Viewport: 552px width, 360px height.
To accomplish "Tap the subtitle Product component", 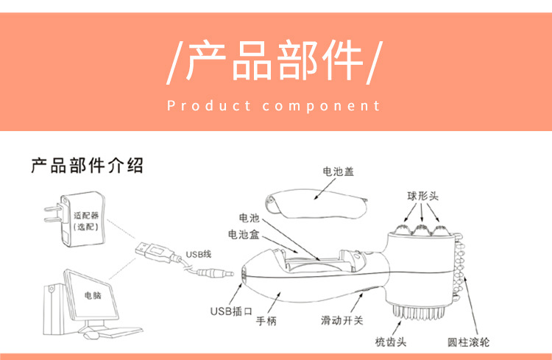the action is tap(274, 106).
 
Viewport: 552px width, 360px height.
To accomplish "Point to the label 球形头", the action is tap(423, 197).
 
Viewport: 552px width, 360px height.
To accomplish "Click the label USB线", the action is tap(198, 254).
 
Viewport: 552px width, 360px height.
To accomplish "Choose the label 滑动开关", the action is tap(342, 321).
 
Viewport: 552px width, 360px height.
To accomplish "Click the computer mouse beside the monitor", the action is tap(90, 335).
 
